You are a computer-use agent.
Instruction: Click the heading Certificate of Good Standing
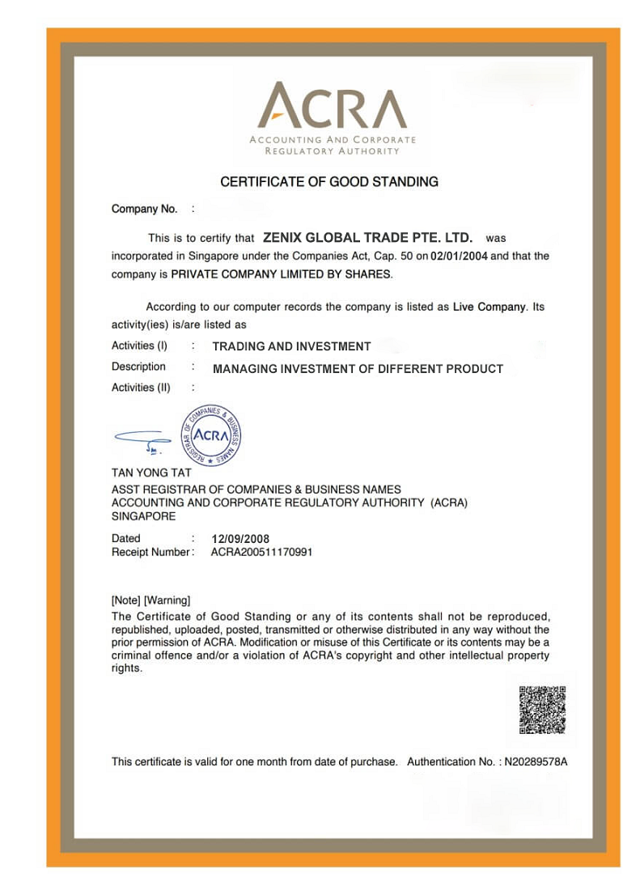(329, 182)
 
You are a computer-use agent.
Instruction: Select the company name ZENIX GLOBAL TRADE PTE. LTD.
(367, 238)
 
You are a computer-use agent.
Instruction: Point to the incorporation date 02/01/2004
(459, 256)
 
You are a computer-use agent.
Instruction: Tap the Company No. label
(144, 209)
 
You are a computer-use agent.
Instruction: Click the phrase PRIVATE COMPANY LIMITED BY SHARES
(281, 274)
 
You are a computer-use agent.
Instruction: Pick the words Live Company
(489, 308)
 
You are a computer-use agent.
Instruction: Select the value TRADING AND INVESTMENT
(291, 346)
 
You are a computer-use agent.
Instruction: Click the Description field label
(138, 367)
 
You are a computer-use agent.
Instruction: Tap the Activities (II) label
(141, 388)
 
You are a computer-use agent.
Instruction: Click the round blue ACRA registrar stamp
(210, 435)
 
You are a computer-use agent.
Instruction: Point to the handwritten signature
(143, 439)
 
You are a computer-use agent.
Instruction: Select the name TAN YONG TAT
(151, 473)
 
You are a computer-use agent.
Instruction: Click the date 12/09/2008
(240, 539)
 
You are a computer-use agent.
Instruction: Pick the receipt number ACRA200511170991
(261, 552)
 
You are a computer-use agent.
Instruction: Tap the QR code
(542, 711)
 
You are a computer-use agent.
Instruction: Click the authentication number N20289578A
(536, 762)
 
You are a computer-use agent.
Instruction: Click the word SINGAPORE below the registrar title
(143, 515)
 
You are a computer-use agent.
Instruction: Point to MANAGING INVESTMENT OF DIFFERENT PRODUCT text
(358, 369)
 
